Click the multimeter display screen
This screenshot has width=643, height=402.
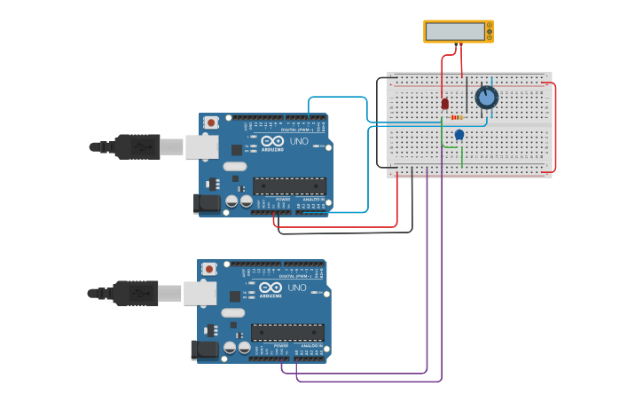(x=455, y=32)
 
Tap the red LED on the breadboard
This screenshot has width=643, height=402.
(x=444, y=104)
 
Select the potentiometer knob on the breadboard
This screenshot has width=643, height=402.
(x=486, y=98)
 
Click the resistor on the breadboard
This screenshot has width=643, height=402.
(x=457, y=117)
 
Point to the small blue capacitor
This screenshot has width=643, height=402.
(x=459, y=135)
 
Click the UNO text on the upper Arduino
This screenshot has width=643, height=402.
(x=297, y=140)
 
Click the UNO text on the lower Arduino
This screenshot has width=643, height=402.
(x=296, y=288)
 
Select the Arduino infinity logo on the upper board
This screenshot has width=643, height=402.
(x=271, y=140)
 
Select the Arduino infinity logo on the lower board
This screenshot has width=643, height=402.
(x=271, y=288)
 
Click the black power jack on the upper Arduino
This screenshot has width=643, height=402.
(x=208, y=203)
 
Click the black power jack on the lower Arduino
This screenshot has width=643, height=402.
(x=205, y=350)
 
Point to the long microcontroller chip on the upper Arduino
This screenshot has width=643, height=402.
(x=289, y=185)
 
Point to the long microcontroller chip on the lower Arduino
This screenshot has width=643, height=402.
(x=287, y=333)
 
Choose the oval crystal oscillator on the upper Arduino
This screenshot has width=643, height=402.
(x=235, y=166)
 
